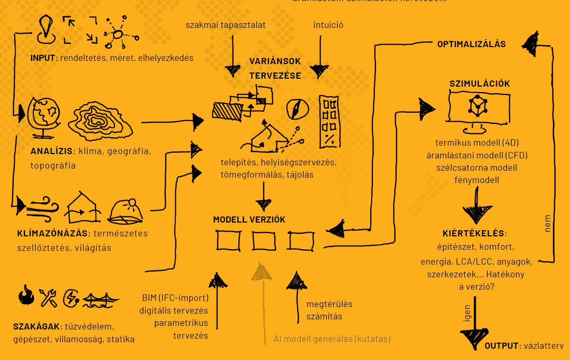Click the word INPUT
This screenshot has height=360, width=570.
(42, 58)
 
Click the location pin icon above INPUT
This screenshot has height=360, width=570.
(46, 29)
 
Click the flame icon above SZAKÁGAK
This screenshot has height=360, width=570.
(26, 295)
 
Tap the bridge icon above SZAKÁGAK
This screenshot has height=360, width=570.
(100, 300)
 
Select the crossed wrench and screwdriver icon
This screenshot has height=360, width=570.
(48, 298)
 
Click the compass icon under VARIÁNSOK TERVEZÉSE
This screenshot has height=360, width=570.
(298, 109)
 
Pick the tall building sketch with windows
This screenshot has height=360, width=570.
(329, 122)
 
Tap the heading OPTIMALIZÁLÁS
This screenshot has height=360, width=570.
(471, 44)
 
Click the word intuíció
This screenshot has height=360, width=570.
(328, 25)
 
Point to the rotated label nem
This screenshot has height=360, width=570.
(548, 223)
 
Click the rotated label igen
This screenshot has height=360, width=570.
(467, 313)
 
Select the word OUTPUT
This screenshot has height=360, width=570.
(501, 346)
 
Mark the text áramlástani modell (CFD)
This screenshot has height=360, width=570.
(477, 156)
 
